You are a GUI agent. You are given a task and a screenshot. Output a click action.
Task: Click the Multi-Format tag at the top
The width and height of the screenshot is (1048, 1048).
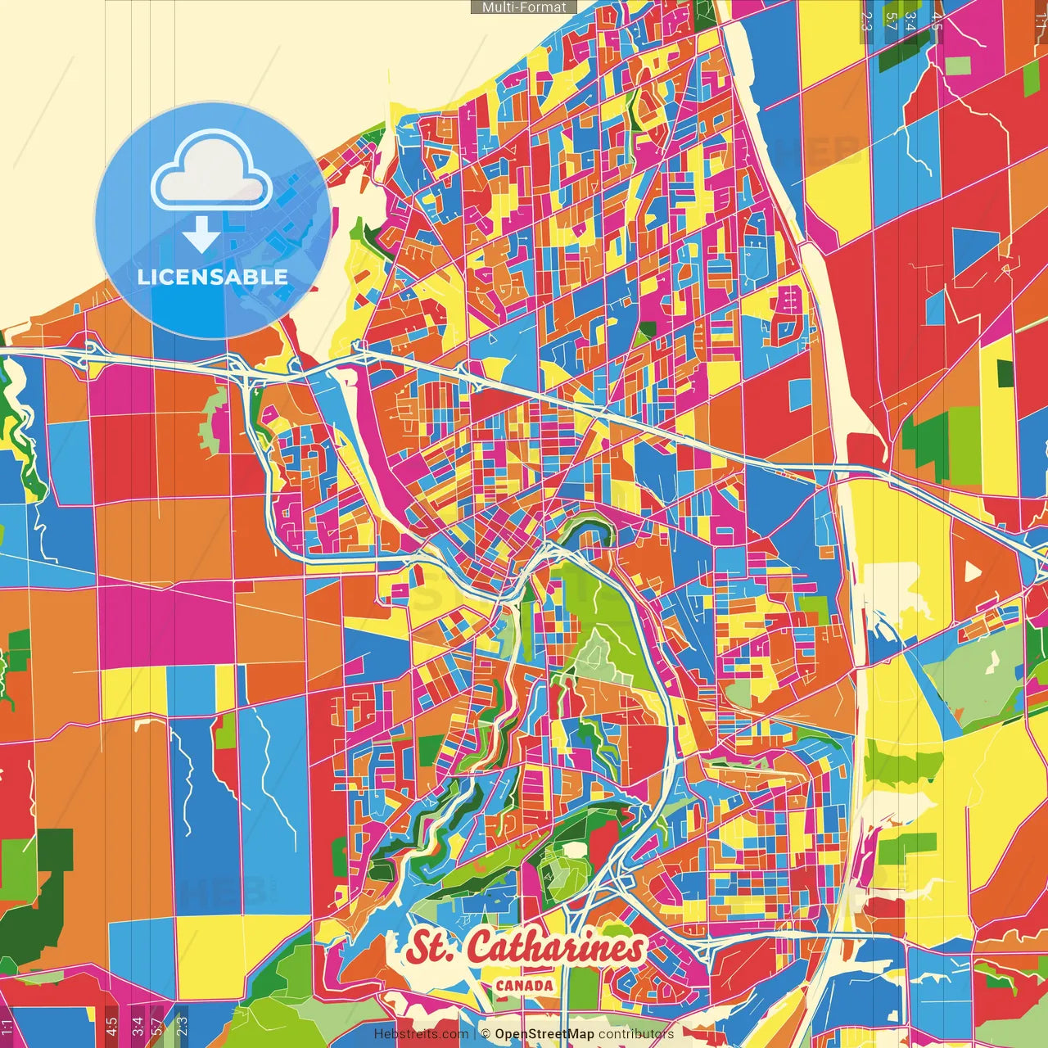(x=524, y=7)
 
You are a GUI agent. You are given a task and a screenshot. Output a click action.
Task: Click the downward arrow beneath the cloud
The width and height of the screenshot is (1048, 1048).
(x=201, y=235)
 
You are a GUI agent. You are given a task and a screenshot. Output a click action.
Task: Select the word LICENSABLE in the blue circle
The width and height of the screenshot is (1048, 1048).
(x=213, y=277)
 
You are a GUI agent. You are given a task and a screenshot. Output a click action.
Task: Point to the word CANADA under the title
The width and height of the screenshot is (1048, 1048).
(x=524, y=986)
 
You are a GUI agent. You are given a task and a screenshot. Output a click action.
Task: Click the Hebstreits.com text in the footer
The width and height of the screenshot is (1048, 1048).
(x=421, y=1034)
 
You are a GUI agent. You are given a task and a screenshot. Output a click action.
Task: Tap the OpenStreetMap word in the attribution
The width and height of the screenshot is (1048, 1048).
(x=544, y=1034)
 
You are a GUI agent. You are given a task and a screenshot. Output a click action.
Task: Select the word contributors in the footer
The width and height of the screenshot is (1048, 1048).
(x=636, y=1034)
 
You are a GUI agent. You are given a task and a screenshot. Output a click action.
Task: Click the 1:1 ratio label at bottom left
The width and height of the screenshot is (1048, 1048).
(x=7, y=1026)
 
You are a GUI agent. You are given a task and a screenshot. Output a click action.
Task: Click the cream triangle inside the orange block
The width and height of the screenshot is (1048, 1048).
(x=972, y=571)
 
